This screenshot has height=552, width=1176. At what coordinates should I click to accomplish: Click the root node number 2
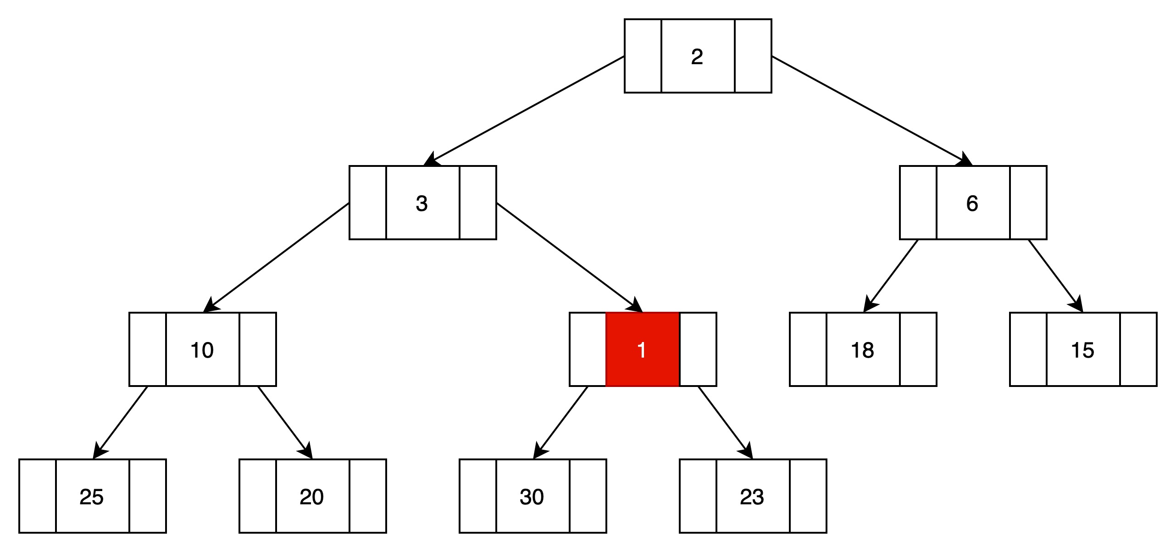coord(697,56)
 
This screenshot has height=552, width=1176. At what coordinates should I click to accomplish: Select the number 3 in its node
coord(422,203)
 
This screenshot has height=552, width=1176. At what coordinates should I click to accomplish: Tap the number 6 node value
coord(972,203)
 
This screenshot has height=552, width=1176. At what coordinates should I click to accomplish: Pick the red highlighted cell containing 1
coord(643,349)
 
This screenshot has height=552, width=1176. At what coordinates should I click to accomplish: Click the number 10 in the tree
coord(202,350)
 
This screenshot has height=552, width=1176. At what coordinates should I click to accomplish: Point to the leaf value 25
coord(91,497)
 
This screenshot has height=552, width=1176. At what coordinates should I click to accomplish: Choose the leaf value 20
coord(311,497)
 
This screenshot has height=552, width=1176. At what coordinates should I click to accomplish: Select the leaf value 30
coord(532,497)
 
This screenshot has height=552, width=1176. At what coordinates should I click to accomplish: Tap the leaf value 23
coord(752,497)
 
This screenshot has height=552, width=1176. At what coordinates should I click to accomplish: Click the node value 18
coord(862,350)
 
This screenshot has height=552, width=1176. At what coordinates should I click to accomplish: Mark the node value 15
coord(1082,350)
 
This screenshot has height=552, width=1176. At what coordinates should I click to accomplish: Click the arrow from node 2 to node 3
coord(524,110)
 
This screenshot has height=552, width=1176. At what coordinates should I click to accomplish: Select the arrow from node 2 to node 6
coord(872,110)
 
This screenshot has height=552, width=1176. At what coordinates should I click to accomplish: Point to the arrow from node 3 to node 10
coord(276,257)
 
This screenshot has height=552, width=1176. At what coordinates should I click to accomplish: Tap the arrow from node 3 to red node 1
coord(569,257)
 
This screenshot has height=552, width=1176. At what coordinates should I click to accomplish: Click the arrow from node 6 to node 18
coord(891,276)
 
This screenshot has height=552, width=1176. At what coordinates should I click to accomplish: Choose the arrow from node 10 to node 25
coord(120,422)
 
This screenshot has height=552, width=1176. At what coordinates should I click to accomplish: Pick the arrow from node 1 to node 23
coord(726,422)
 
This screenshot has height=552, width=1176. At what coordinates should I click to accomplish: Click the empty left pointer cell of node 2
coord(643,56)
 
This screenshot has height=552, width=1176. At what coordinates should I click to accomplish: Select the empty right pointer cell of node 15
coord(1138,349)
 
